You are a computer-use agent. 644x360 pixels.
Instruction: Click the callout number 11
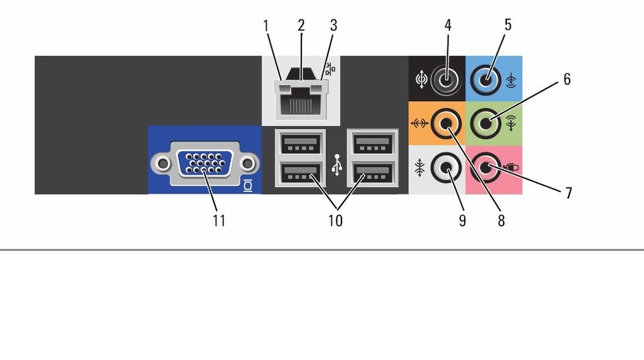click(x=219, y=221)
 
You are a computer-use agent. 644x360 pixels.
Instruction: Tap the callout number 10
click(x=335, y=221)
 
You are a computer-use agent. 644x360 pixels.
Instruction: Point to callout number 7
click(x=569, y=193)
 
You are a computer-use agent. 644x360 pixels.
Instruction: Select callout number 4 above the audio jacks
click(x=448, y=25)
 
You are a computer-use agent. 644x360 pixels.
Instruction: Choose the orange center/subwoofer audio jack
click(x=447, y=123)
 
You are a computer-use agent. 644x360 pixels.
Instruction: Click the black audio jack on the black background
click(x=447, y=79)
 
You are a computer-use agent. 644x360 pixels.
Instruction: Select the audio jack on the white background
click(x=447, y=167)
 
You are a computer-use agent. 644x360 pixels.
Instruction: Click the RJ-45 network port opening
click(x=301, y=103)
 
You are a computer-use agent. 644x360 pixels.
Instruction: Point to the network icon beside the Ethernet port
click(x=330, y=69)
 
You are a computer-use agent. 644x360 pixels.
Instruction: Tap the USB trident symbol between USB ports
click(x=337, y=165)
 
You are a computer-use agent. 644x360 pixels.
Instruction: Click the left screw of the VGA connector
click(x=163, y=164)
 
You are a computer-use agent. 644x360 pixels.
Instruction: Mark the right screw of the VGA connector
click(x=247, y=164)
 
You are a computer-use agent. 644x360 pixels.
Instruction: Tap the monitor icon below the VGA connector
click(x=248, y=186)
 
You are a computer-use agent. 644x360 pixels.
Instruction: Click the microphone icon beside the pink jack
click(x=511, y=167)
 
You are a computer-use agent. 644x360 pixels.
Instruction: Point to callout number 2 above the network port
click(x=301, y=25)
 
